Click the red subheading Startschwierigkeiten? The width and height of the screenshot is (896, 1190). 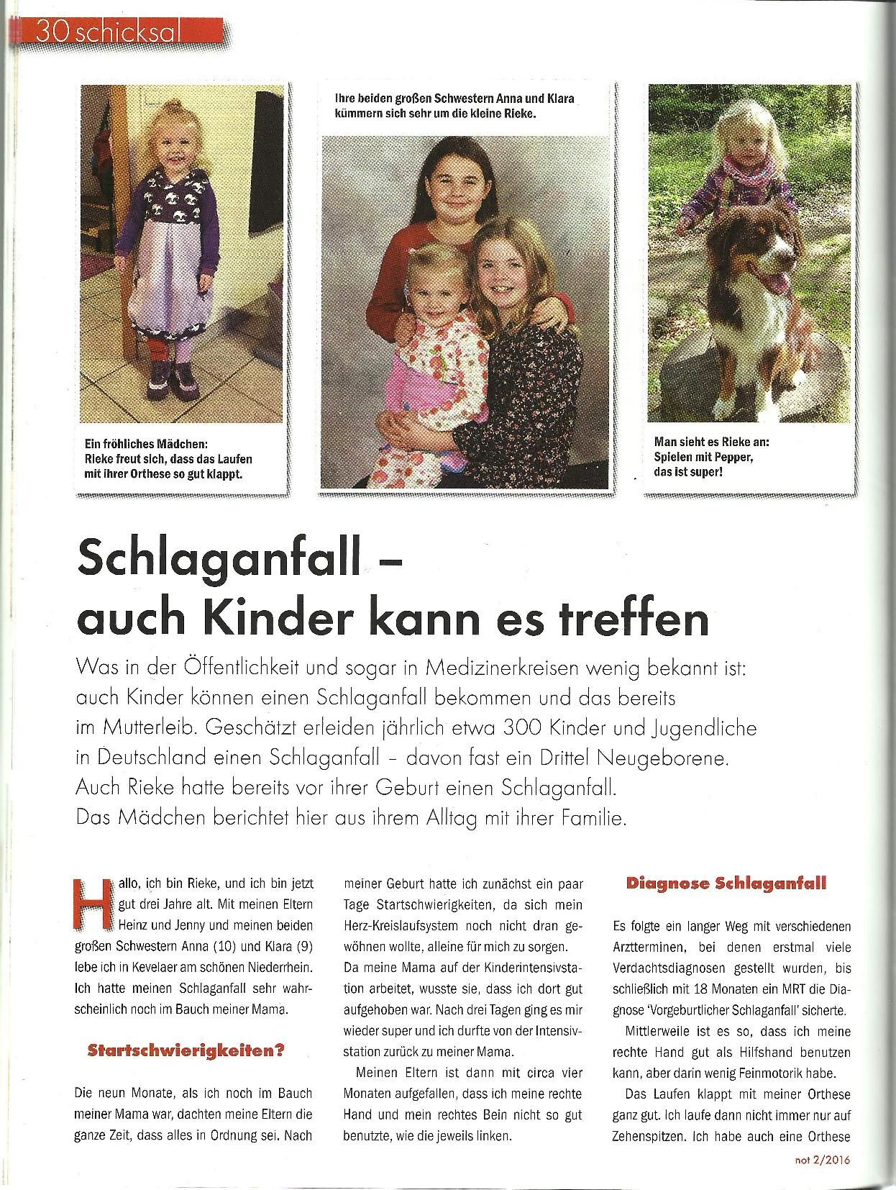point(186,1050)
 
